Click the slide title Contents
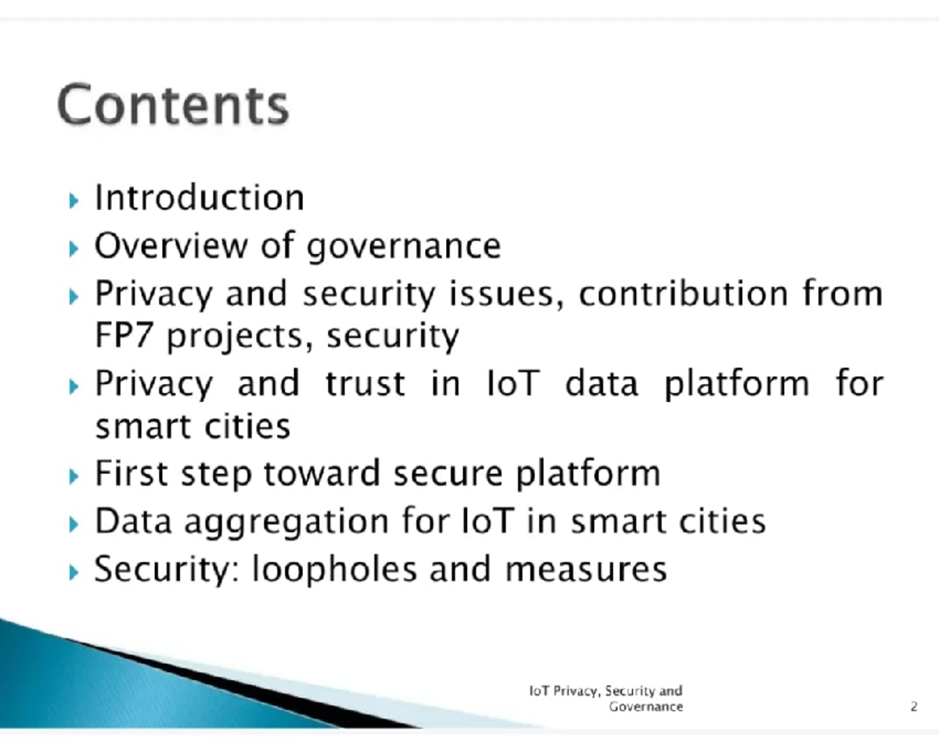click(x=173, y=106)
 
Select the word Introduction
click(x=200, y=197)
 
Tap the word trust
click(x=365, y=384)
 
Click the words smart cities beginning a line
click(x=192, y=427)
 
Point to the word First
click(x=129, y=474)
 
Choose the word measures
click(x=585, y=569)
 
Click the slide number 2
click(x=913, y=707)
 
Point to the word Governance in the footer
click(x=646, y=707)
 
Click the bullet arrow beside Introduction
click(x=74, y=200)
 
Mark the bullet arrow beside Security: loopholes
click(x=74, y=572)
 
